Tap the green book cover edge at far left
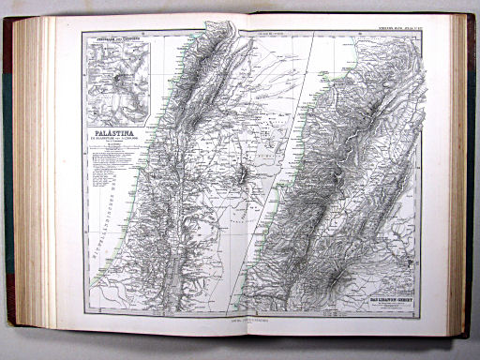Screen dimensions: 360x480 pyautogui.click(x=8, y=178)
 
